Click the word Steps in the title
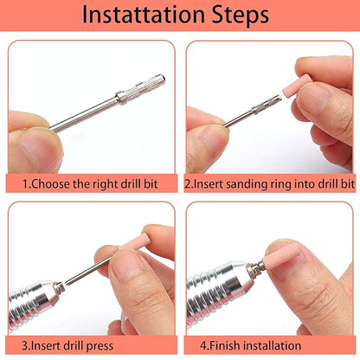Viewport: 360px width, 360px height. coord(240,15)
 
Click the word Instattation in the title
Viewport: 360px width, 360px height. coord(144,14)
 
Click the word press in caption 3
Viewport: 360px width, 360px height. coord(100,346)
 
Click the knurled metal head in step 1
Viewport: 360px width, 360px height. coord(140,87)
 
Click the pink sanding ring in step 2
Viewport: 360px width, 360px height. coord(297,86)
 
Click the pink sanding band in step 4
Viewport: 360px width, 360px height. coord(281,257)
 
